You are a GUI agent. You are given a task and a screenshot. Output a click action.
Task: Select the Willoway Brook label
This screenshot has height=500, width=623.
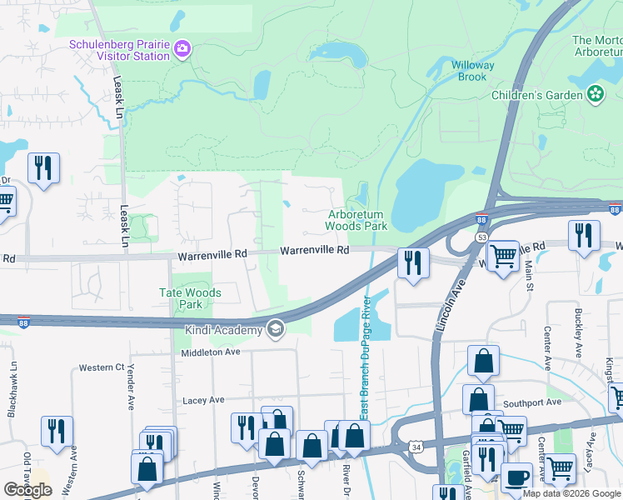[x=473, y=71]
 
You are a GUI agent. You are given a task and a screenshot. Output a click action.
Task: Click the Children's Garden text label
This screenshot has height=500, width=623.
[x=536, y=95]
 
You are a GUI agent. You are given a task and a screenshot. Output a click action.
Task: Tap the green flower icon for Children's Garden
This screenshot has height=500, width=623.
[x=596, y=95]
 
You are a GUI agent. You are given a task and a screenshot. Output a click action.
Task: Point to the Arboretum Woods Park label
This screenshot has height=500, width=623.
[x=356, y=220]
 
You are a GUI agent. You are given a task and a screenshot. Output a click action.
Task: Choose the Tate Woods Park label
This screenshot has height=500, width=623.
[x=191, y=298]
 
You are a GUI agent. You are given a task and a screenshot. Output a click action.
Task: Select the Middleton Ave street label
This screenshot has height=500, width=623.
[x=212, y=352]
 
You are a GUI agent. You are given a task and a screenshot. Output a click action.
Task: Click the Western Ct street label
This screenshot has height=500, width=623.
[x=101, y=367]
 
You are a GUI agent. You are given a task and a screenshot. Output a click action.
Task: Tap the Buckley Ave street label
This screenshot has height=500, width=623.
[x=576, y=327]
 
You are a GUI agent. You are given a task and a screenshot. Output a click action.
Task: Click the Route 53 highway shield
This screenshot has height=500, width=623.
[x=481, y=237]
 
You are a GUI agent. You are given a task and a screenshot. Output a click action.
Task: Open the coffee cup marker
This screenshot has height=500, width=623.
[x=516, y=477]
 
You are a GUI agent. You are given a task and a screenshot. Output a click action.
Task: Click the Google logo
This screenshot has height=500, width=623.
[x=27, y=490]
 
